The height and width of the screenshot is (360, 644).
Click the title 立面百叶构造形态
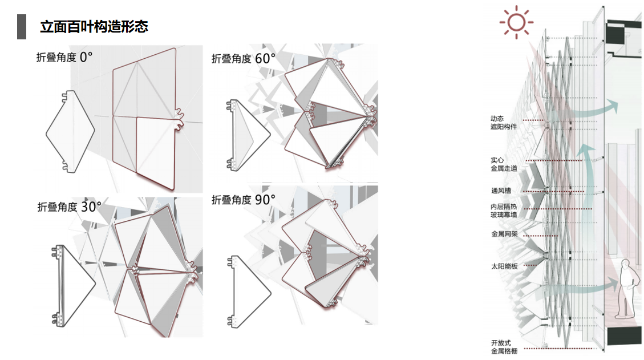tap(94, 27)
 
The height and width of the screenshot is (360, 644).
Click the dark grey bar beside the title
tap(22, 27)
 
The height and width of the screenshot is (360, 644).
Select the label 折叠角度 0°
tap(64, 57)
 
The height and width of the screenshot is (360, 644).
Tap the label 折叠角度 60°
tap(244, 58)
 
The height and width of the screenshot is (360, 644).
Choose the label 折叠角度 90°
tap(244, 200)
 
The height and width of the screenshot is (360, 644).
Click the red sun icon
tap(516, 22)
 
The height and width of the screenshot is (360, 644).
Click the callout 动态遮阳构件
tap(504, 123)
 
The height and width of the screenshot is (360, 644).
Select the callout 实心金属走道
tap(504, 164)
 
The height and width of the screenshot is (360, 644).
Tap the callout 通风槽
tap(501, 191)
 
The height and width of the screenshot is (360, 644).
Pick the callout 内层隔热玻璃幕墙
tap(504, 211)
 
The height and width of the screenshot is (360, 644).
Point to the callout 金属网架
tap(504, 234)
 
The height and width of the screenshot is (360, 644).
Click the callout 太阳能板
tap(504, 266)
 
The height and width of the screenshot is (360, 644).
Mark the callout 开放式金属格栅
tap(504, 347)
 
